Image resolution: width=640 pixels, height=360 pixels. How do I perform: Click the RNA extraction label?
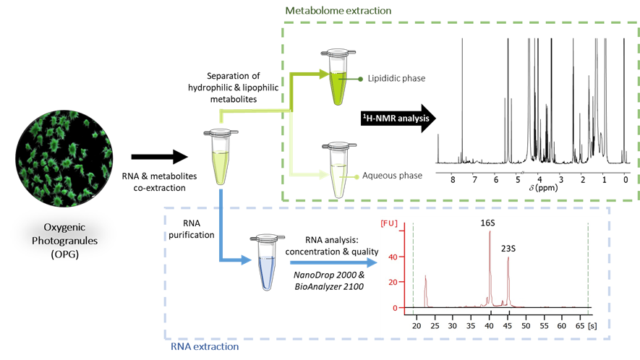point(205,347)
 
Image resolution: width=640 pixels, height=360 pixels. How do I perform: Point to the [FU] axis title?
point(389,224)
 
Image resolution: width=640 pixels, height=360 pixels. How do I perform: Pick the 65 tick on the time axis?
point(581,326)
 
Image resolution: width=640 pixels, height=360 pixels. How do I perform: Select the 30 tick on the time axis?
point(452,326)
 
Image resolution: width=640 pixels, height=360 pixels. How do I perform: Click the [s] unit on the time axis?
point(593,326)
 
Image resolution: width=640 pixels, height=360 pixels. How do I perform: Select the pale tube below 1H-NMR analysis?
point(338,170)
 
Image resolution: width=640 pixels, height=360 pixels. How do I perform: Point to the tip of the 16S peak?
point(490,232)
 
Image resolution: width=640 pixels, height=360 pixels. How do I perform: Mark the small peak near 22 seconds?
point(425,276)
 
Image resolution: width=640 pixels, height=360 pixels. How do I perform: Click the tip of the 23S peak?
point(508,257)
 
